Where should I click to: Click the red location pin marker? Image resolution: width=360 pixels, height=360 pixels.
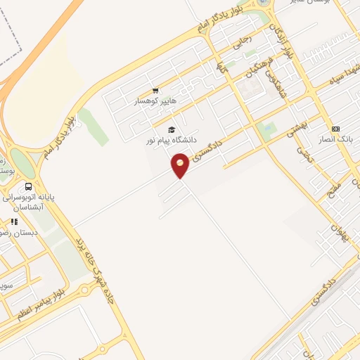[180, 166]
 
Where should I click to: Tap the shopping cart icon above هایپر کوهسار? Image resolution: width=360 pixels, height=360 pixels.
[155, 90]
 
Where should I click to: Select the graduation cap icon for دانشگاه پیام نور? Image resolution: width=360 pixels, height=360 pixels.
[172, 129]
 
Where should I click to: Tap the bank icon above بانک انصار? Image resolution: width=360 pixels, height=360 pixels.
[335, 129]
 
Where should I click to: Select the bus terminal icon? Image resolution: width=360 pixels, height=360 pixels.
[28, 187]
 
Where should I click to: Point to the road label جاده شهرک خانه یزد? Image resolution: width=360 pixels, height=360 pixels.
[106, 266]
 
